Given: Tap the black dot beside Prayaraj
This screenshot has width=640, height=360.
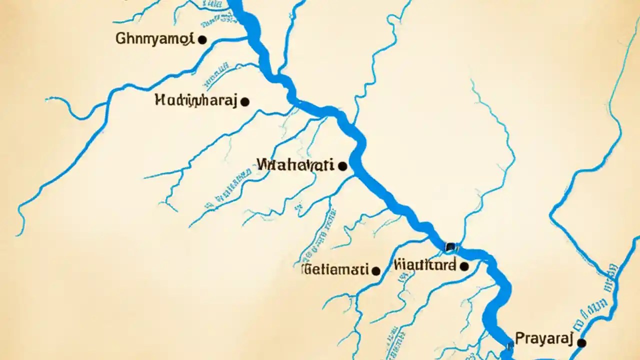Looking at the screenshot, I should pos(581,343).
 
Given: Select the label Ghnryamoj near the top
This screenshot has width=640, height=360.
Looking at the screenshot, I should pos(154,39).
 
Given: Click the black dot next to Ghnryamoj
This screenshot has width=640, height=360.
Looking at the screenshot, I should pos(202,39).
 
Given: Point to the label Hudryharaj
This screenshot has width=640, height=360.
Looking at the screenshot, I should pos(195,100).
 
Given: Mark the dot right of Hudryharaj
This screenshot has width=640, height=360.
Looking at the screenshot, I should pos(244,102).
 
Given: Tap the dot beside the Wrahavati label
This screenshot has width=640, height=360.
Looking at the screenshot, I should pos(342,166).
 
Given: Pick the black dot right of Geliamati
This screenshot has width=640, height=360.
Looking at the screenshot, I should pos(376,271).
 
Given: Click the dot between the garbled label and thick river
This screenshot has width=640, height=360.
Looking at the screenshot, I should pos(464,266).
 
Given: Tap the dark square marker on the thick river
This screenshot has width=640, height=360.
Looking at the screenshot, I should pos(450,246).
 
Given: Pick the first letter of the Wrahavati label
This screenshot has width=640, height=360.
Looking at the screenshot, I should pos(263,164).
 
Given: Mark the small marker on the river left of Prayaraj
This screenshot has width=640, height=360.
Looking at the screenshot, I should pos(509,344).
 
